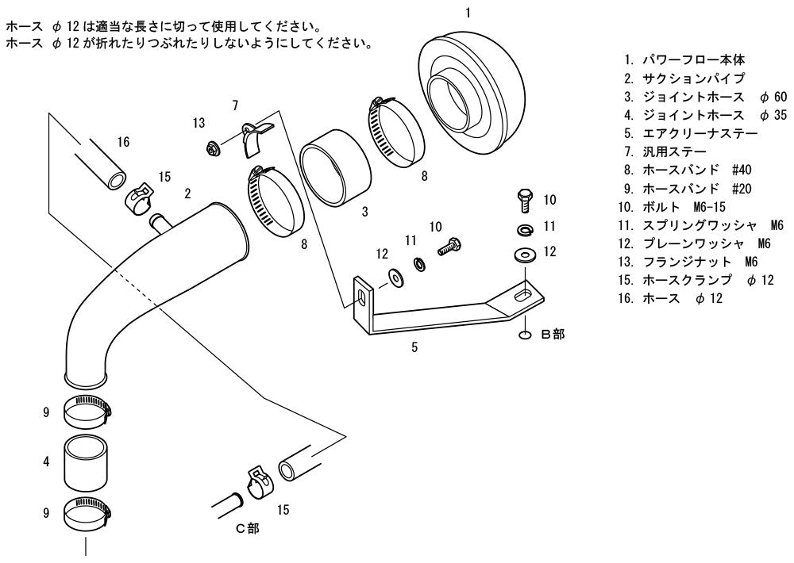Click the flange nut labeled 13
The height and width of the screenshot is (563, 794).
tap(212, 149)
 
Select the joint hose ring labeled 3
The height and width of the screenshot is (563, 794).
tap(335, 167)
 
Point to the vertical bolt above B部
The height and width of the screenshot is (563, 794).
tap(525, 201)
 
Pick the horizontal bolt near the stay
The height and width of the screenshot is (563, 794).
tap(449, 247)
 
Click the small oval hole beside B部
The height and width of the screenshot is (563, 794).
tap(525, 335)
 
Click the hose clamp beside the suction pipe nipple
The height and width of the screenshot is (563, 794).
tap(139, 197)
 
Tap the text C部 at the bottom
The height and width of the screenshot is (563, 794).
tap(248, 529)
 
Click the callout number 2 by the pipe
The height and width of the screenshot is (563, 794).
tap(188, 193)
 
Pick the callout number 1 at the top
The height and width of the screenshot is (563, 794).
tap(468, 13)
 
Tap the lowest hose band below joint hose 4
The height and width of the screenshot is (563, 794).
tap(87, 512)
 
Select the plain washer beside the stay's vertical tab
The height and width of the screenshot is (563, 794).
tap(395, 278)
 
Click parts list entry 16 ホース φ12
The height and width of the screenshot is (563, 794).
tap(670, 298)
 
